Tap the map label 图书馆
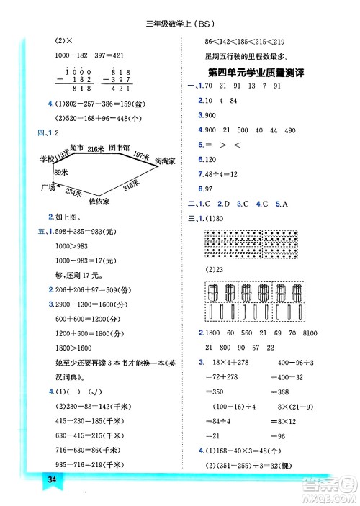(x=119, y=148)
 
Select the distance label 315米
(x=130, y=186)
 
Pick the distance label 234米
(x=73, y=191)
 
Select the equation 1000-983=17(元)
(x=85, y=261)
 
